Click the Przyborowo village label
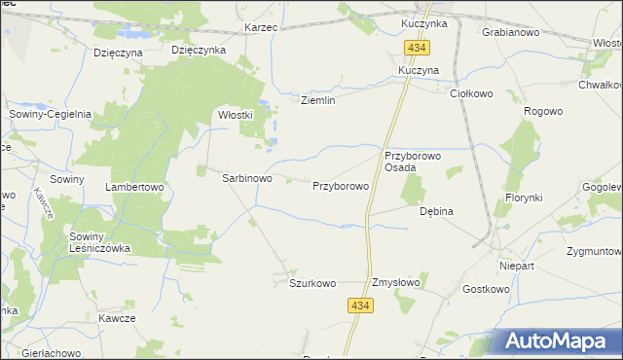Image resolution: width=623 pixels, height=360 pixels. tap(340, 185)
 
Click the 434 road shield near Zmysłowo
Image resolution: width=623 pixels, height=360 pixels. tap(360, 306)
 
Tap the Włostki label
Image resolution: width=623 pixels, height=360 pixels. tap(235, 114)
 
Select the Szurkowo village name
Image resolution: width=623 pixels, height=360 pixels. tap(312, 283)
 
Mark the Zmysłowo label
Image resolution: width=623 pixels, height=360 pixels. tap(395, 283)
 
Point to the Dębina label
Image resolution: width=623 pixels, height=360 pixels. tap(436, 210)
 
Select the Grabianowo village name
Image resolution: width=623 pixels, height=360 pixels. tap(511, 32)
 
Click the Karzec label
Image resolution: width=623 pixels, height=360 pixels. tap(262, 27)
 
